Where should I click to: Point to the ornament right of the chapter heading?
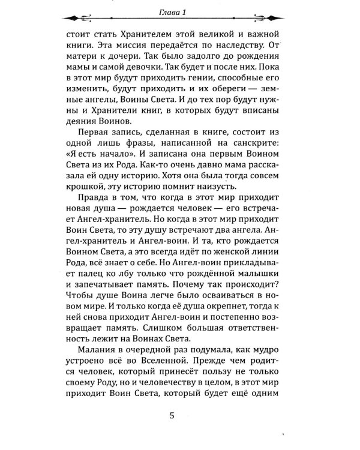(x=275, y=16)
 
